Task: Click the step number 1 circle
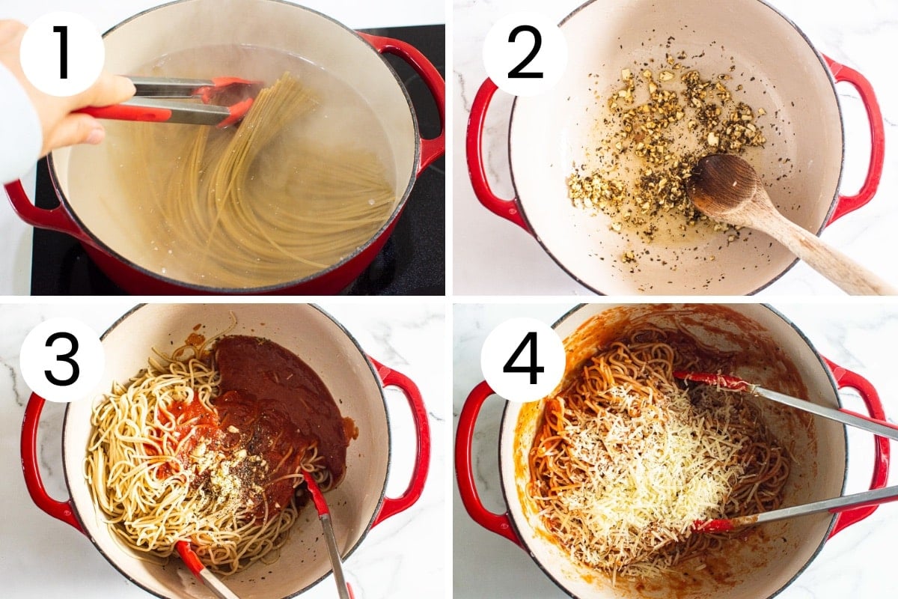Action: click(x=62, y=53)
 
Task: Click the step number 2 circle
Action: click(x=525, y=53)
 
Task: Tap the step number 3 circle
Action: click(x=62, y=359)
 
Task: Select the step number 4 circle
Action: click(x=523, y=359)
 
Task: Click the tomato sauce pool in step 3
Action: click(x=272, y=401)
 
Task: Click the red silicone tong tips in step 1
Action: click(x=230, y=98)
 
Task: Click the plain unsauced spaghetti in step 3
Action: click(x=132, y=453)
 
